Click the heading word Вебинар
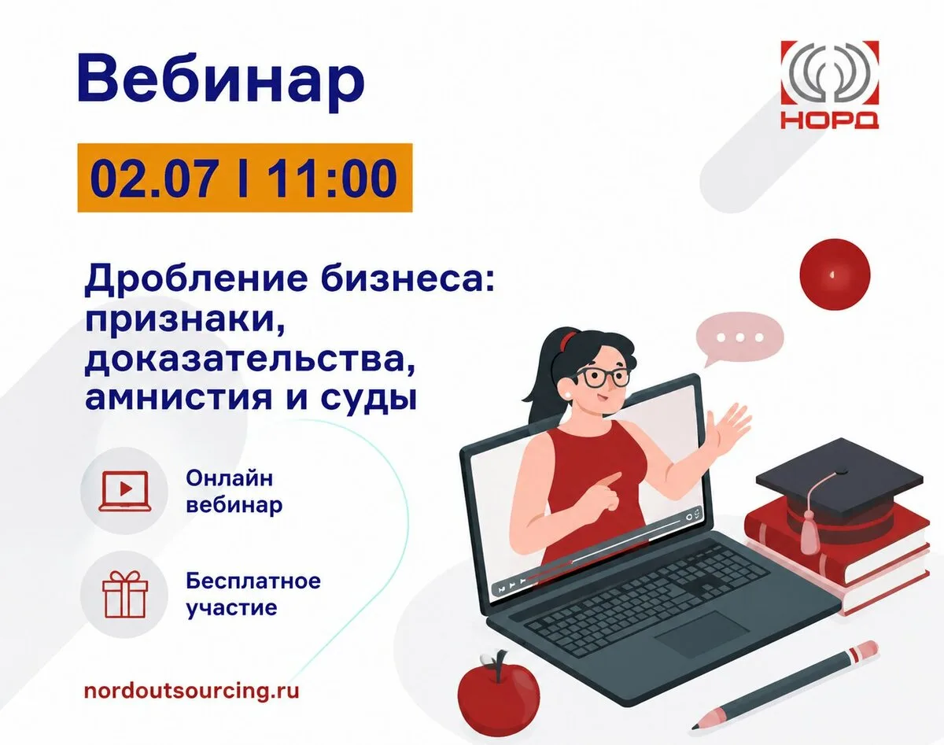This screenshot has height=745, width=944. point(220,82)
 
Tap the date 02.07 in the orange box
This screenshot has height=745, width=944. point(153,178)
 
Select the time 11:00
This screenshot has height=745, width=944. point(332,178)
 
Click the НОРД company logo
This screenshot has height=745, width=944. point(829,85)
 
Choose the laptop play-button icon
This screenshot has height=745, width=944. point(124,492)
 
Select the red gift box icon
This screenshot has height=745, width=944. point(125,595)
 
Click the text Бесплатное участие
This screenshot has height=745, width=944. point(253,595)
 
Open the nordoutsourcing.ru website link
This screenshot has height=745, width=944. point(192,692)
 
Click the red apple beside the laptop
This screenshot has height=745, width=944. point(498,698)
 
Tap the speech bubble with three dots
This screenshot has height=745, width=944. point(739,337)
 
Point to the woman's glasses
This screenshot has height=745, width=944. point(602,378)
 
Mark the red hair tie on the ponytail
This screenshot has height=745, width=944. point(569,340)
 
